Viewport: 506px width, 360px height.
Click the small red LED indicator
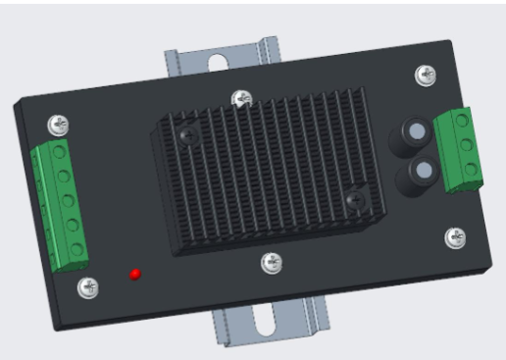pos(136,273)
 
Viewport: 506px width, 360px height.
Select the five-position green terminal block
pos(62,204)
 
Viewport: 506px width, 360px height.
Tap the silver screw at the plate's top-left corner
pos(59,125)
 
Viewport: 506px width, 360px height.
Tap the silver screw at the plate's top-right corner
pos(426,74)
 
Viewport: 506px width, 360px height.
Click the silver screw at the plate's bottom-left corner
pos(88,287)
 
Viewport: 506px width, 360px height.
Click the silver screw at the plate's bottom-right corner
pos(455,237)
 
